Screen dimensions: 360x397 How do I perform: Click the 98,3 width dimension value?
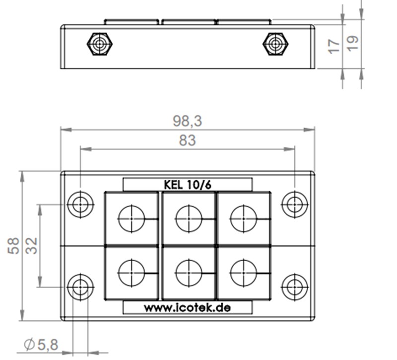click(x=188, y=121)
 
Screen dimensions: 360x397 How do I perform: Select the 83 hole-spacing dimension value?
click(x=188, y=141)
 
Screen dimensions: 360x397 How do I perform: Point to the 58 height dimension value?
click(x=14, y=245)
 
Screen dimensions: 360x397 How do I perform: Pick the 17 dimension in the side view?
click(x=334, y=47)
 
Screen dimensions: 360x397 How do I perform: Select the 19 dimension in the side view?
click(x=353, y=43)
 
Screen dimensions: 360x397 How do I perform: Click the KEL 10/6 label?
click(x=188, y=184)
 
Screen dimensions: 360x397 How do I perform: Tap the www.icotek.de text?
click(x=188, y=308)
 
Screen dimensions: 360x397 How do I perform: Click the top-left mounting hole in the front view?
click(x=80, y=204)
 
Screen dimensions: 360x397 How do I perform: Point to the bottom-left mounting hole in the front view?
click(x=80, y=287)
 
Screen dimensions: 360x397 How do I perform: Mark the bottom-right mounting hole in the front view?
click(x=295, y=287)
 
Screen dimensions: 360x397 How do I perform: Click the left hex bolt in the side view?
click(x=100, y=44)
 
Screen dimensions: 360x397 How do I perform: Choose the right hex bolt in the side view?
click(x=275, y=44)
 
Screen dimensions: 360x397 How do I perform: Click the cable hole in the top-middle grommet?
click(x=189, y=218)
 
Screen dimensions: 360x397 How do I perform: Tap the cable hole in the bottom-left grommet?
click(x=132, y=273)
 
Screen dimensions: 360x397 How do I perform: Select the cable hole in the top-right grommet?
click(x=244, y=218)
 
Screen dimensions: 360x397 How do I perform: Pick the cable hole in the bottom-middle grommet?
click(x=189, y=273)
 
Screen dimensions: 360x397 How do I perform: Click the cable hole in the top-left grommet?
click(x=132, y=218)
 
